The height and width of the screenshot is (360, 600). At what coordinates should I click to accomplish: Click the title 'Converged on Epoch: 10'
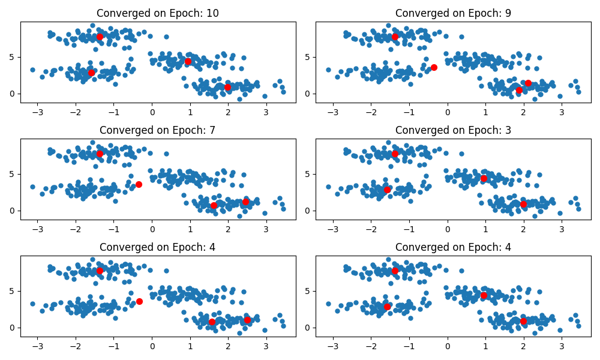158,13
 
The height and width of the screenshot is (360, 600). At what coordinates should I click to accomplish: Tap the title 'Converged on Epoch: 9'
454,13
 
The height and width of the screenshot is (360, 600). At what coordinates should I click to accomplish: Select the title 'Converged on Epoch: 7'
158,130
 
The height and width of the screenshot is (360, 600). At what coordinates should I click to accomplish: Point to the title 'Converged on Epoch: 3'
454,130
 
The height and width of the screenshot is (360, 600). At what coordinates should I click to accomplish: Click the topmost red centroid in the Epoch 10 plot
100,37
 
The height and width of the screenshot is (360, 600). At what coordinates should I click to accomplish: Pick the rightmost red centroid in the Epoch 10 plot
228,87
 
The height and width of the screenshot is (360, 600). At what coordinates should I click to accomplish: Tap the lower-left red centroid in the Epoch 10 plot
92,73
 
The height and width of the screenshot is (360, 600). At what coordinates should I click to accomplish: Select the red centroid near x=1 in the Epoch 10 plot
188,61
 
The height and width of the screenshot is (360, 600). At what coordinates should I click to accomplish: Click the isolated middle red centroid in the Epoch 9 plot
434,67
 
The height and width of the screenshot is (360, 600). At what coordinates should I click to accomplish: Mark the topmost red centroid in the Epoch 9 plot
395,37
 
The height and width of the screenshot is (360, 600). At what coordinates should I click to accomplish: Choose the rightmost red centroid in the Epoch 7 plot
245,202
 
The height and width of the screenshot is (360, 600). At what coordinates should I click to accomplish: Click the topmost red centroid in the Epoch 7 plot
100,154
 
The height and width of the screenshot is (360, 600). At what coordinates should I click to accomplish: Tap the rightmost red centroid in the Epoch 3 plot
523,204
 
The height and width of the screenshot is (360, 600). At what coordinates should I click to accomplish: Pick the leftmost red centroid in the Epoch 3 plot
387,190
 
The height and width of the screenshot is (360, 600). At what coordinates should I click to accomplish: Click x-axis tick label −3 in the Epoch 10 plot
37,112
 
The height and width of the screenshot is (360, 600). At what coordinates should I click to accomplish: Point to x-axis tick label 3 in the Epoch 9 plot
562,112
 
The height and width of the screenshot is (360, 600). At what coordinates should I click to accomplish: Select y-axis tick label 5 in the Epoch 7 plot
13,174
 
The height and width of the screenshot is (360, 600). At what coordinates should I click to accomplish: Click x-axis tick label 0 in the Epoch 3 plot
448,229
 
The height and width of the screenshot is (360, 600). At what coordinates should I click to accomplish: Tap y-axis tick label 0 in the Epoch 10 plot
13,94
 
